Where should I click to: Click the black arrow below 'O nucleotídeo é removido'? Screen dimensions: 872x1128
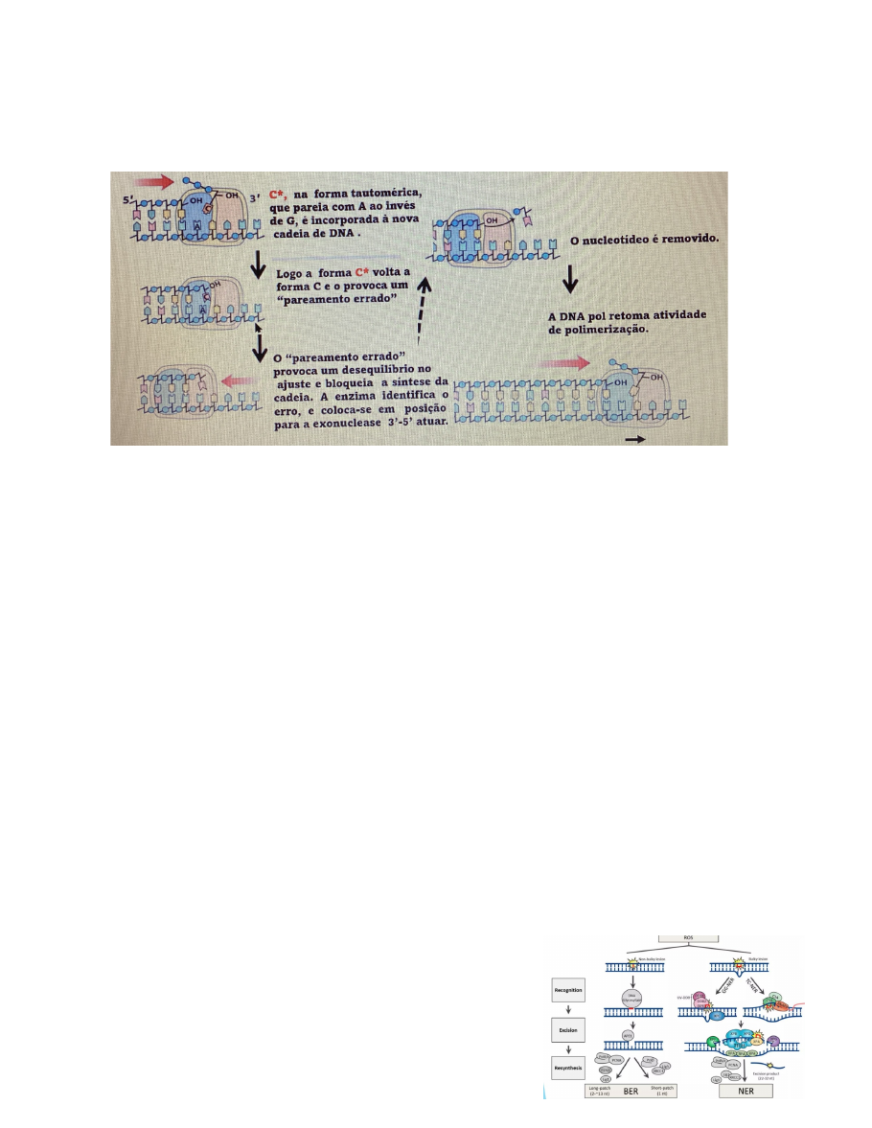pyautogui.click(x=569, y=279)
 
